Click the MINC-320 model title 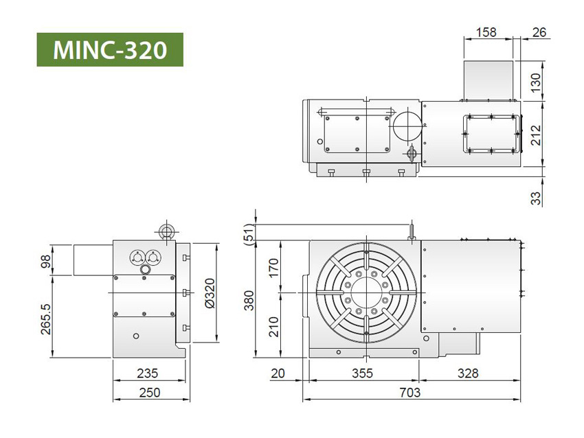[110, 49]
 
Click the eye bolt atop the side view [165, 231]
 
